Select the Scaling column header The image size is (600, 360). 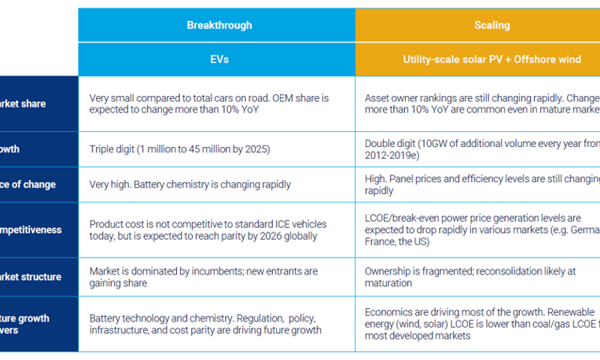(491, 25)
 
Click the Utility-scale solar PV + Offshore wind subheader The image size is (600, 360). (491, 59)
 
